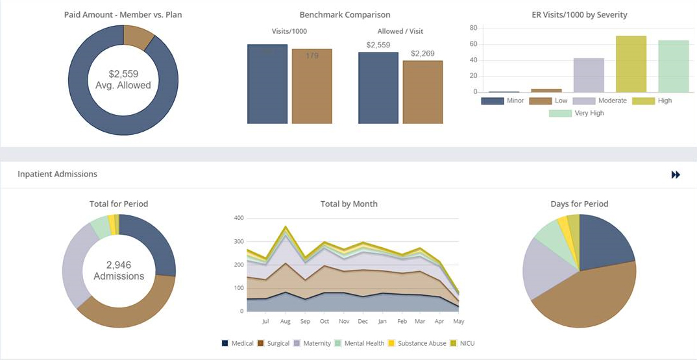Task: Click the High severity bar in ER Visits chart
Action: [x=631, y=64]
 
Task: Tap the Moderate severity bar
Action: [x=589, y=75]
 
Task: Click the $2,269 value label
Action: [x=422, y=54]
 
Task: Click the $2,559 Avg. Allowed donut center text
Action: [x=123, y=80]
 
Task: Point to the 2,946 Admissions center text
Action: [x=119, y=270]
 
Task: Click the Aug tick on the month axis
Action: [x=285, y=321]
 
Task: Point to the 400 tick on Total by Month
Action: [x=238, y=218]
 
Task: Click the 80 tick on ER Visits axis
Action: [x=473, y=28]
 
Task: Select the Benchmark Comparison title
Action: [x=345, y=15]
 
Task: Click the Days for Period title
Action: [x=579, y=204]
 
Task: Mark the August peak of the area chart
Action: [x=285, y=227]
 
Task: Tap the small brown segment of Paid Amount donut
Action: [x=138, y=36]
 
